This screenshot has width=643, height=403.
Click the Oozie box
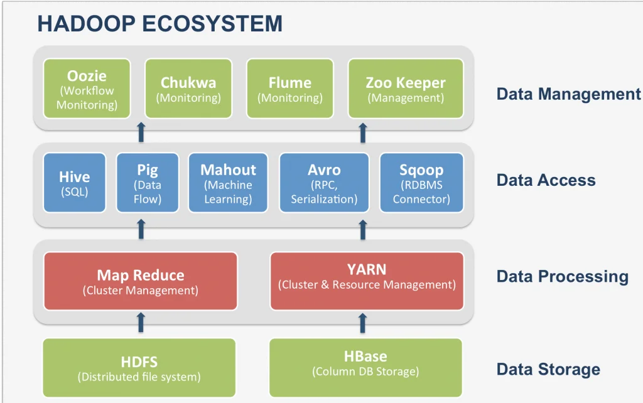(x=87, y=89)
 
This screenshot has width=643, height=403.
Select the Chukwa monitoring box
(x=188, y=89)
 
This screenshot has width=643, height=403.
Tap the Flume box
(x=289, y=89)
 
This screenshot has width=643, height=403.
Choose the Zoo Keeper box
(x=406, y=89)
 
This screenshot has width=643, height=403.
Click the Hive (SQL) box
(x=74, y=183)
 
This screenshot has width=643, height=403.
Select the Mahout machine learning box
(x=228, y=183)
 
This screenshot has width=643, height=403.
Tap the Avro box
(x=324, y=183)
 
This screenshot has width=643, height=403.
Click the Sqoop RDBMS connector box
(x=421, y=183)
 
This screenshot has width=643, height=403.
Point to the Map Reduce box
(x=141, y=281)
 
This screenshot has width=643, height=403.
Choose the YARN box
(x=367, y=281)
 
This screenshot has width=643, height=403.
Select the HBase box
(x=365, y=368)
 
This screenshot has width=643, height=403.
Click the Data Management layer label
(x=568, y=94)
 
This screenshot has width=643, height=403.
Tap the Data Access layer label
(x=546, y=180)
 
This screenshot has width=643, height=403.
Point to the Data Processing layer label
(x=562, y=277)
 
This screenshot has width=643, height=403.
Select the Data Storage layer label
(x=548, y=369)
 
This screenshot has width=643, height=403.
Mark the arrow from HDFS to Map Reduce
(x=141, y=323)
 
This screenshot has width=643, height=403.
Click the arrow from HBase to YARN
(x=362, y=323)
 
